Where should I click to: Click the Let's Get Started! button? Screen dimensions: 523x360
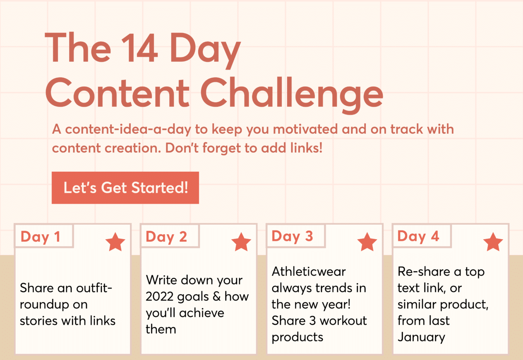click(125, 188)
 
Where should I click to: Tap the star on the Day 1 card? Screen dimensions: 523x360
click(115, 242)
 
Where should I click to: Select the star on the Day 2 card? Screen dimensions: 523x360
click(241, 242)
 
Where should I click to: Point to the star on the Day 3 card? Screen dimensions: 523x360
click(367, 242)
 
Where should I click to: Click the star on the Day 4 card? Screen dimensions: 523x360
click(493, 242)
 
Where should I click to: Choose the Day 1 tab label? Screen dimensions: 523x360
click(41, 237)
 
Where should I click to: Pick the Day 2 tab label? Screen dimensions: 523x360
click(166, 237)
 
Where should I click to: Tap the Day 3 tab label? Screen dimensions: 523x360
click(292, 236)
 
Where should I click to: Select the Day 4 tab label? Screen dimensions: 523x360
click(418, 236)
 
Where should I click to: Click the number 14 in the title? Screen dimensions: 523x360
click(139, 48)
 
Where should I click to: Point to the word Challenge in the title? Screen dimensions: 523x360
click(292, 95)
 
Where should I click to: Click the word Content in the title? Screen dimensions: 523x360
click(118, 94)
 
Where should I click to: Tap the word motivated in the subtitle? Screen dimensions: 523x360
click(305, 129)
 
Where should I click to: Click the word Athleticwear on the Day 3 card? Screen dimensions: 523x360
click(309, 272)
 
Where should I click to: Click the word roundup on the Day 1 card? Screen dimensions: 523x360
click(54, 305)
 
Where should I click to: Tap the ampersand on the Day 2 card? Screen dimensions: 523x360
click(217, 297)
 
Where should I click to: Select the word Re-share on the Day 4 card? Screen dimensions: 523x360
click(424, 272)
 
